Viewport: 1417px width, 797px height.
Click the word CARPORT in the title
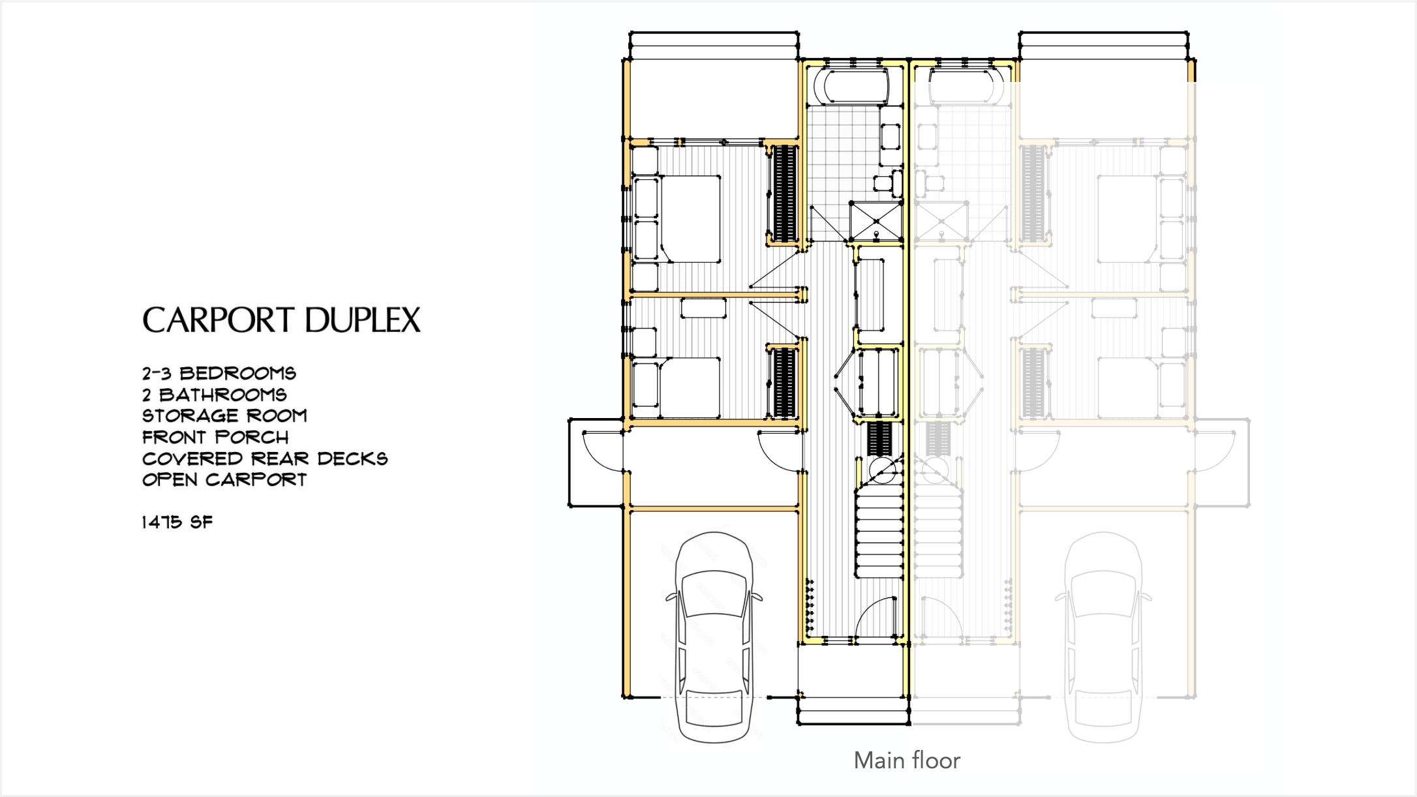pos(219,320)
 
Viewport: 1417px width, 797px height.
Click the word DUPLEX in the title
pos(363,320)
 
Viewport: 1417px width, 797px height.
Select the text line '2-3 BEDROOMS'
pos(219,373)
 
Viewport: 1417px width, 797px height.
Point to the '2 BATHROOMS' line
pos(215,395)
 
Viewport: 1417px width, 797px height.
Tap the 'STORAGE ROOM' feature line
pos(224,415)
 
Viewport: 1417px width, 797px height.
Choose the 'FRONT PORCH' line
pos(215,437)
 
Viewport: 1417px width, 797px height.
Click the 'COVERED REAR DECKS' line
pos(265,459)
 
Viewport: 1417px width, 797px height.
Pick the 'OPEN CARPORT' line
pos(224,479)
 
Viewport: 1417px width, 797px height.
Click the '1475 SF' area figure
pos(177,522)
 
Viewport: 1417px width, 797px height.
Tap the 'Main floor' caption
pos(907,760)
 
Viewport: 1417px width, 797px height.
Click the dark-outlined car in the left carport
pos(714,637)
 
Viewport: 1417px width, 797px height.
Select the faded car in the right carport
pos(1103,637)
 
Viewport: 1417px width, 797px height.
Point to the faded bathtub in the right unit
pos(966,85)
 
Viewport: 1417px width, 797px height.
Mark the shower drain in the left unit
pos(876,233)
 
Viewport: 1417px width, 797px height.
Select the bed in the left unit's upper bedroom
pos(690,218)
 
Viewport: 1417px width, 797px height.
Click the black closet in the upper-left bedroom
pos(784,194)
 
